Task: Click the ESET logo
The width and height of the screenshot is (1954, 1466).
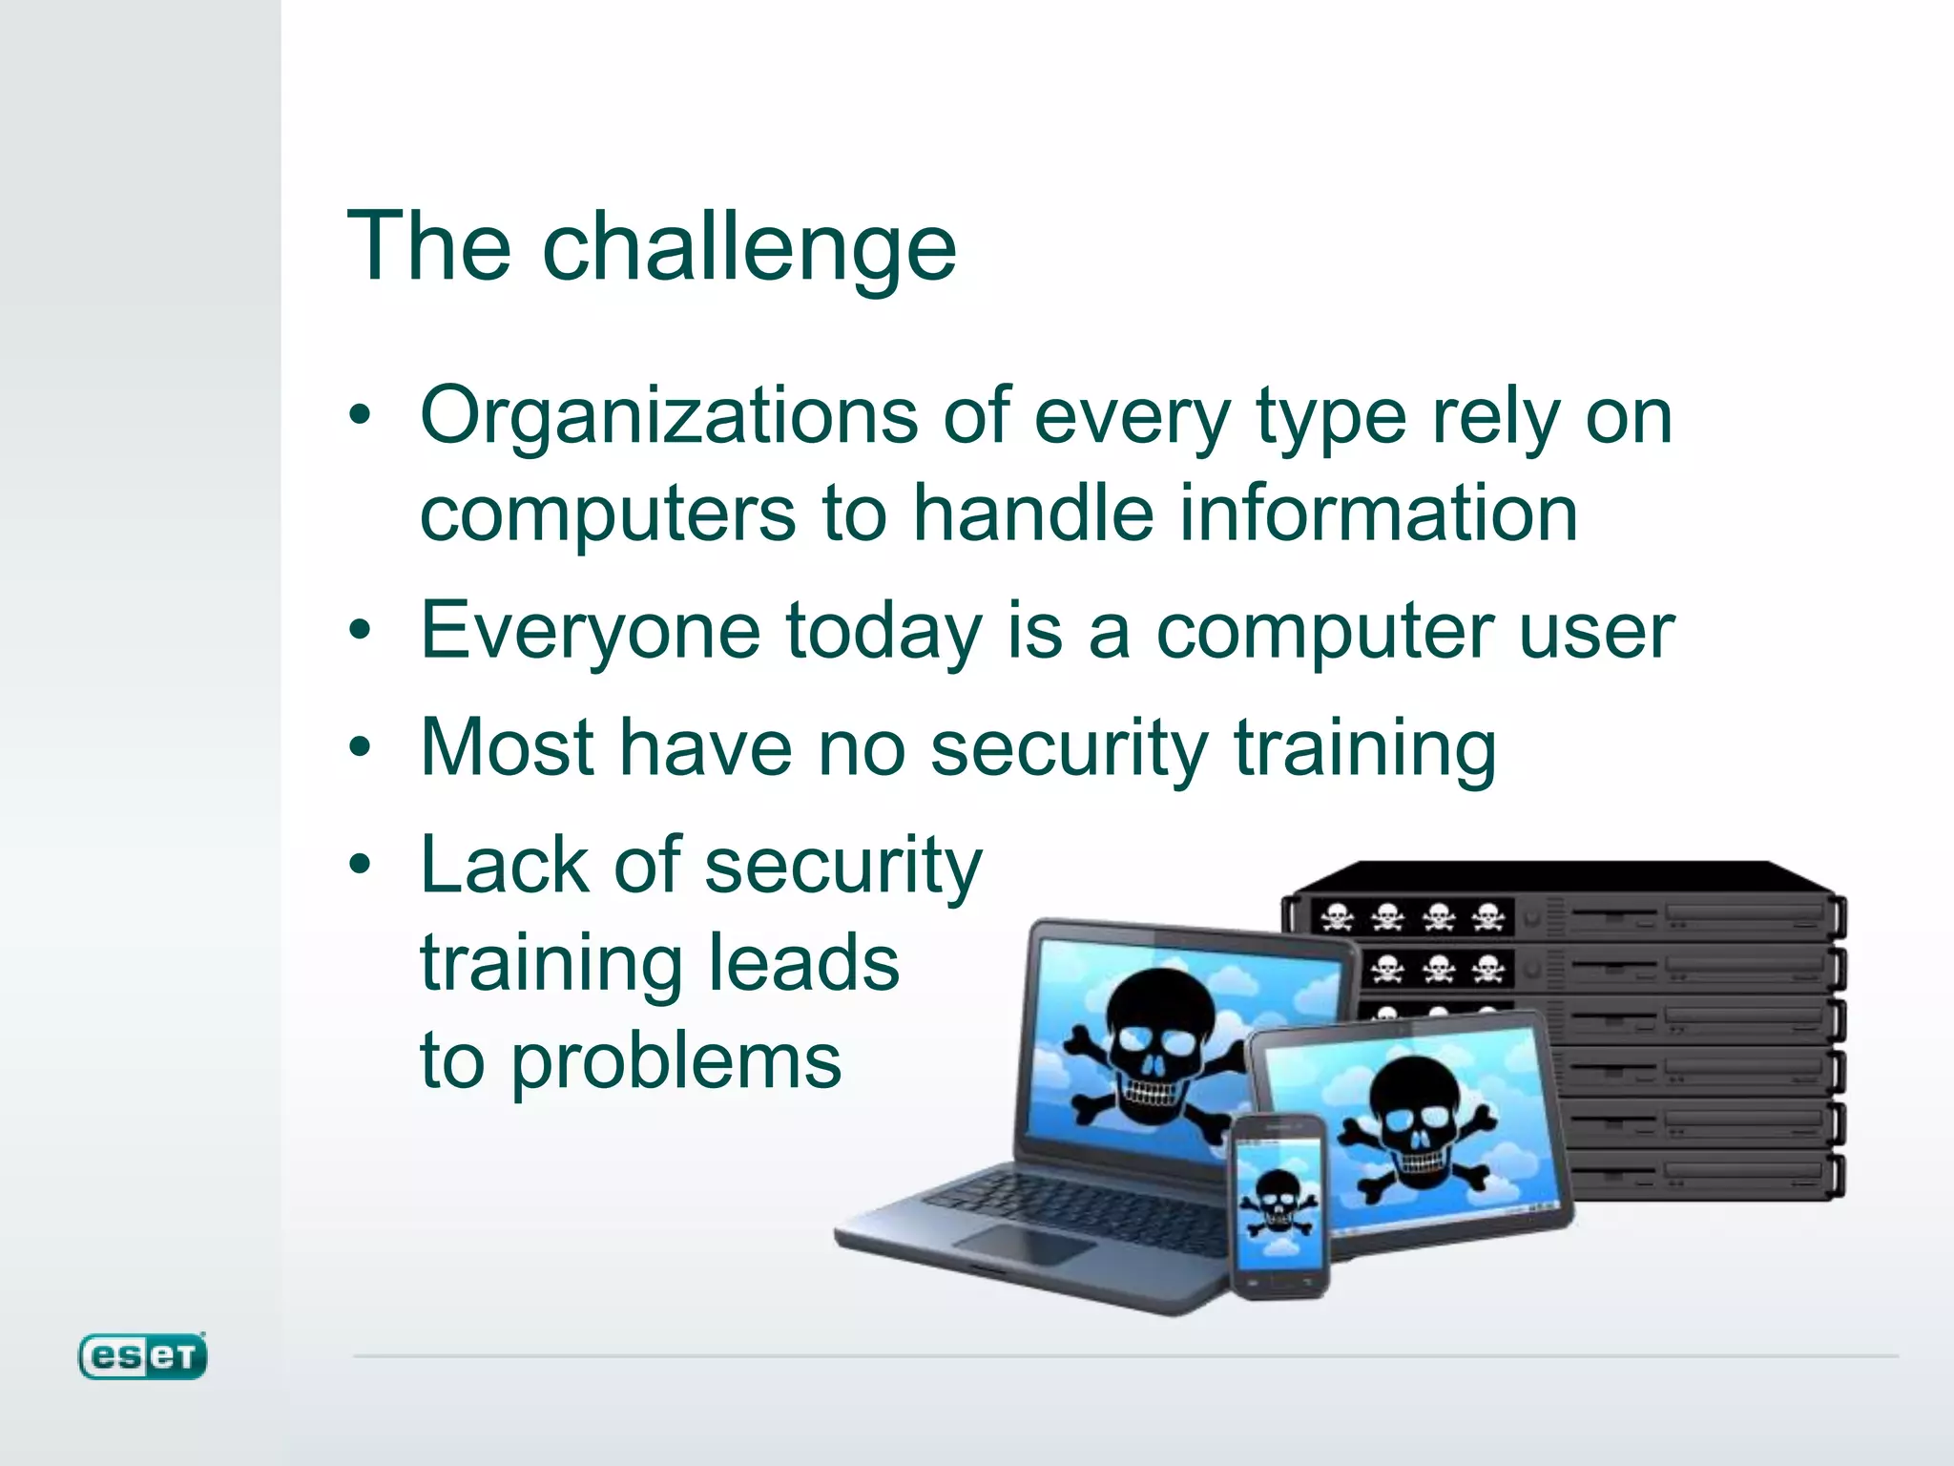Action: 142,1356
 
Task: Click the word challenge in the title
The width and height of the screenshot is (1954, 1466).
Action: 749,248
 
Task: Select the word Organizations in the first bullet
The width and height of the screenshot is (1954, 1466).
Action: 668,417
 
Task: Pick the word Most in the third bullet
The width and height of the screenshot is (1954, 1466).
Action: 508,747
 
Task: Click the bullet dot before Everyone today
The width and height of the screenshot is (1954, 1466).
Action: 360,630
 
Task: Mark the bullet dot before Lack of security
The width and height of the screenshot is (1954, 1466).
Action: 360,865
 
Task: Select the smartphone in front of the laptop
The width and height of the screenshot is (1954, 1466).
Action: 1278,1207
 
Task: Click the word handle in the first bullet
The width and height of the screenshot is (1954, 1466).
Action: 1034,513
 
